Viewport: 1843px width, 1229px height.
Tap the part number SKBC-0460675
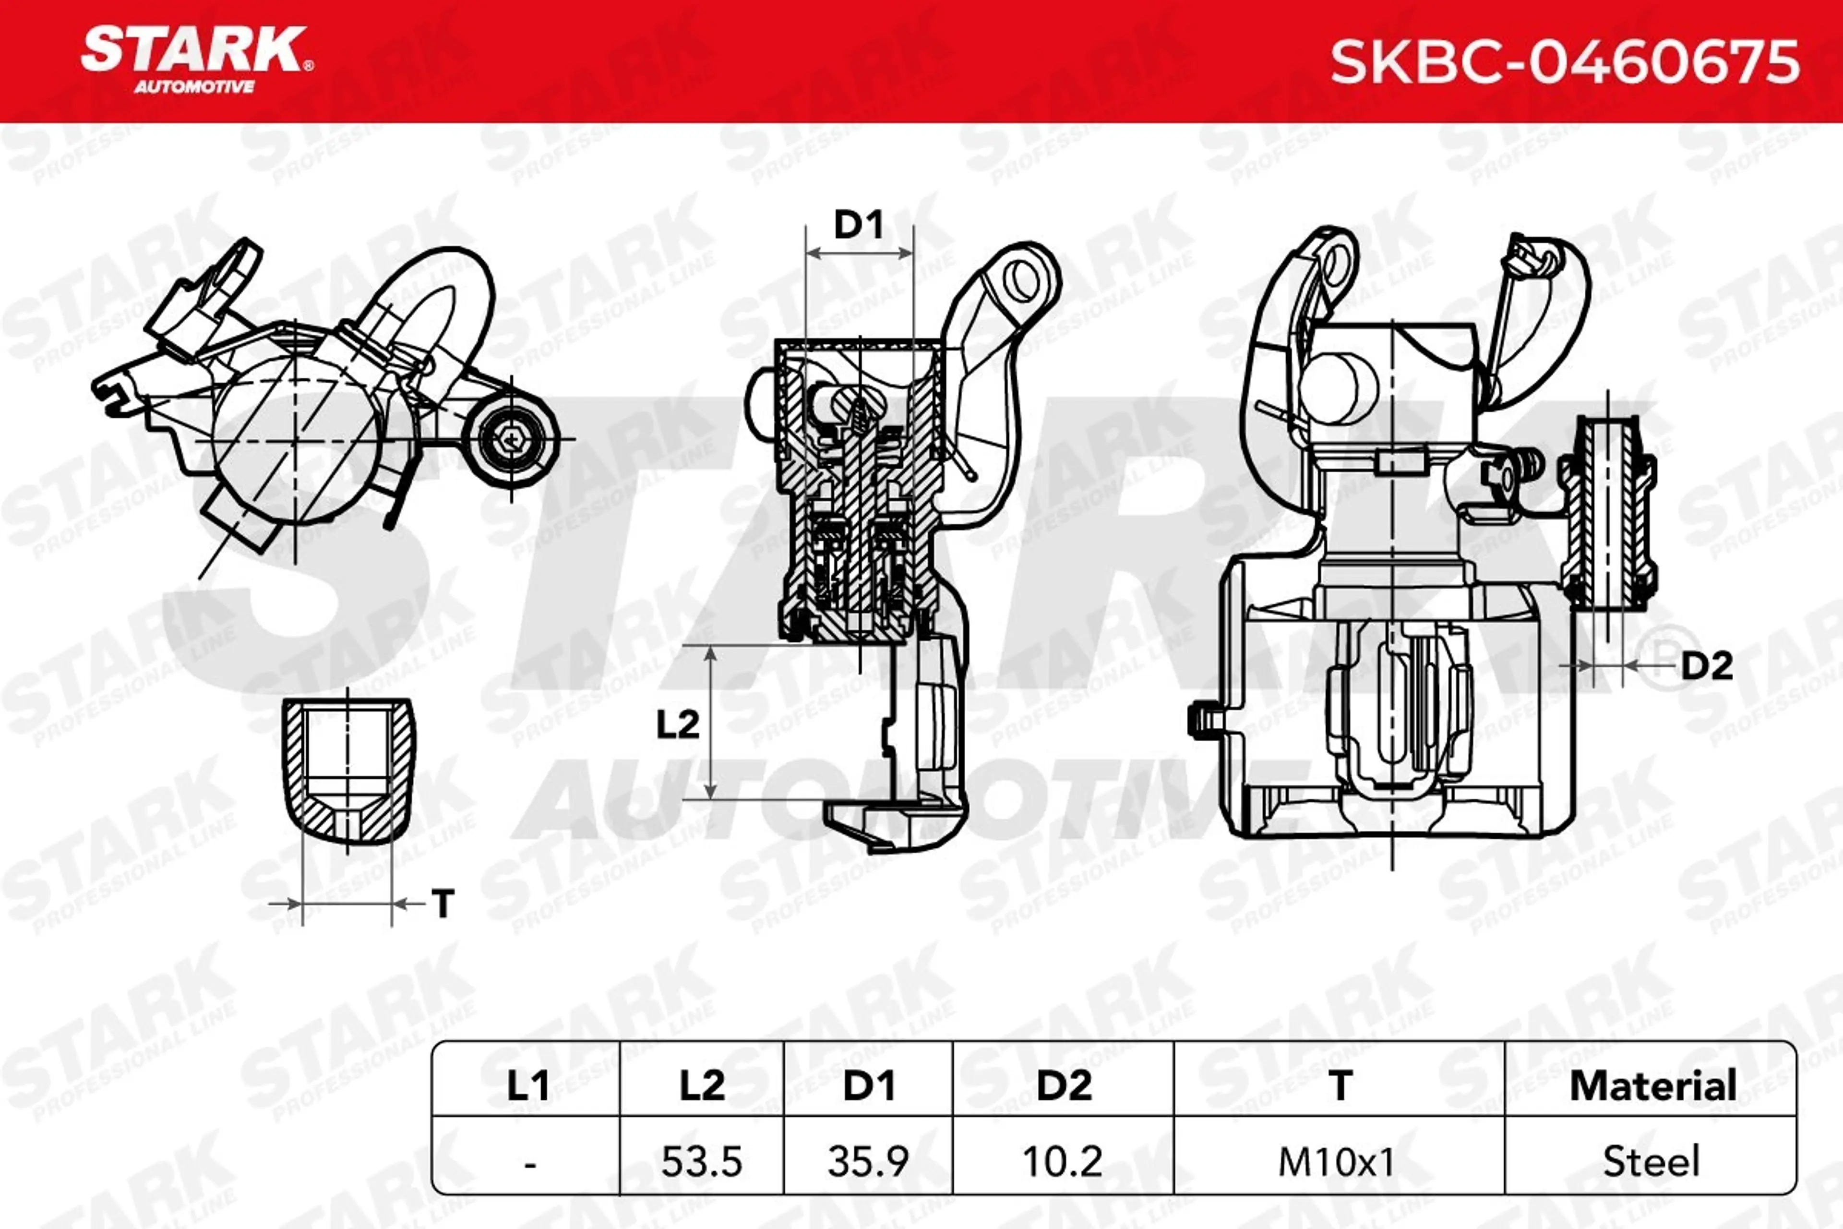pos(1564,62)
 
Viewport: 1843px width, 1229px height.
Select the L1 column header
pos(527,1085)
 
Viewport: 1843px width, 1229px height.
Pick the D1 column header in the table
pos(868,1085)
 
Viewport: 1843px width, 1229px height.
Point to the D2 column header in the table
pos(1064,1085)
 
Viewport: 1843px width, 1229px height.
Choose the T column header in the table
pos(1340,1085)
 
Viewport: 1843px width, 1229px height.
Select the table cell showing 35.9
pos(868,1161)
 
